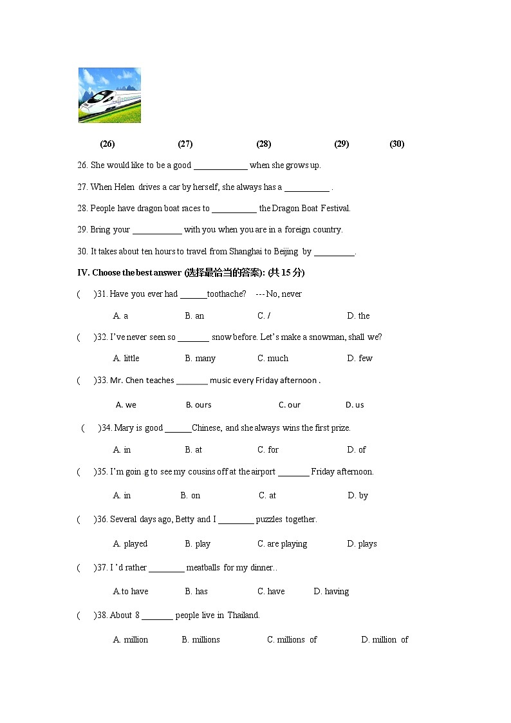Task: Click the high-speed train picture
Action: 109,95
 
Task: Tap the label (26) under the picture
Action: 107,144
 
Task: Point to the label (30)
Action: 397,144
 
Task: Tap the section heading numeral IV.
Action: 83,273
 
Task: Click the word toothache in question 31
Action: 227,294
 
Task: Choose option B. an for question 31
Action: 194,316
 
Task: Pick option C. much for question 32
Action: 273,359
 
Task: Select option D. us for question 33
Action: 355,405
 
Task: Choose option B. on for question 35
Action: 190,496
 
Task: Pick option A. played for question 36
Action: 130,544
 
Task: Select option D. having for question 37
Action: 331,592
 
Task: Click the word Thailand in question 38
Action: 243,615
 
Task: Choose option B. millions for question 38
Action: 201,640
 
